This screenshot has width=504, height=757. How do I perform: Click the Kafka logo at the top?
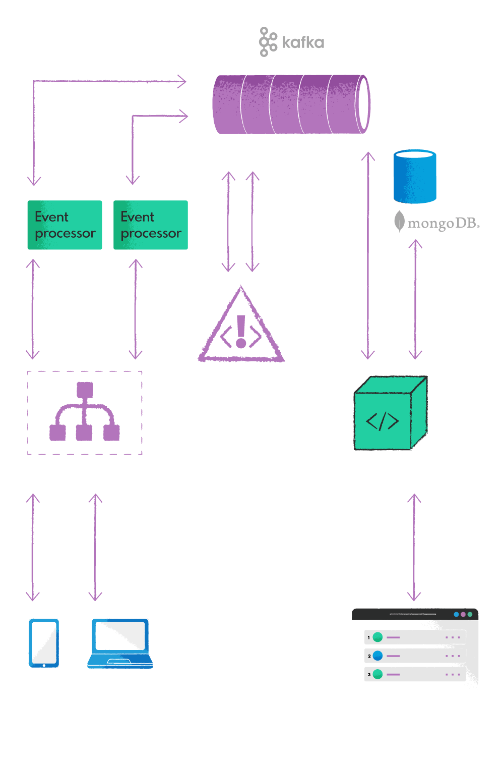[x=292, y=42]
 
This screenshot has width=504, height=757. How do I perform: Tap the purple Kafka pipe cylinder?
[x=291, y=104]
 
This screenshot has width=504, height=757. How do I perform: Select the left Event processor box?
[x=65, y=225]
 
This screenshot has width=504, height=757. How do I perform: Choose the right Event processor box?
[x=151, y=225]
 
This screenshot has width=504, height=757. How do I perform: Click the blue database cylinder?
[x=415, y=177]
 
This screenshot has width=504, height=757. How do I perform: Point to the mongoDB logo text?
[x=437, y=223]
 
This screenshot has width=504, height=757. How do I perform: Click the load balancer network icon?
[x=85, y=412]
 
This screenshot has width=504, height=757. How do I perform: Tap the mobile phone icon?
[x=44, y=643]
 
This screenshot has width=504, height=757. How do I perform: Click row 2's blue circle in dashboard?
[x=377, y=656]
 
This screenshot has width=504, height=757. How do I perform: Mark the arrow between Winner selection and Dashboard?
[x=414, y=548]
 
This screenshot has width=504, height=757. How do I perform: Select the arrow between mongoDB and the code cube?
[x=415, y=299]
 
